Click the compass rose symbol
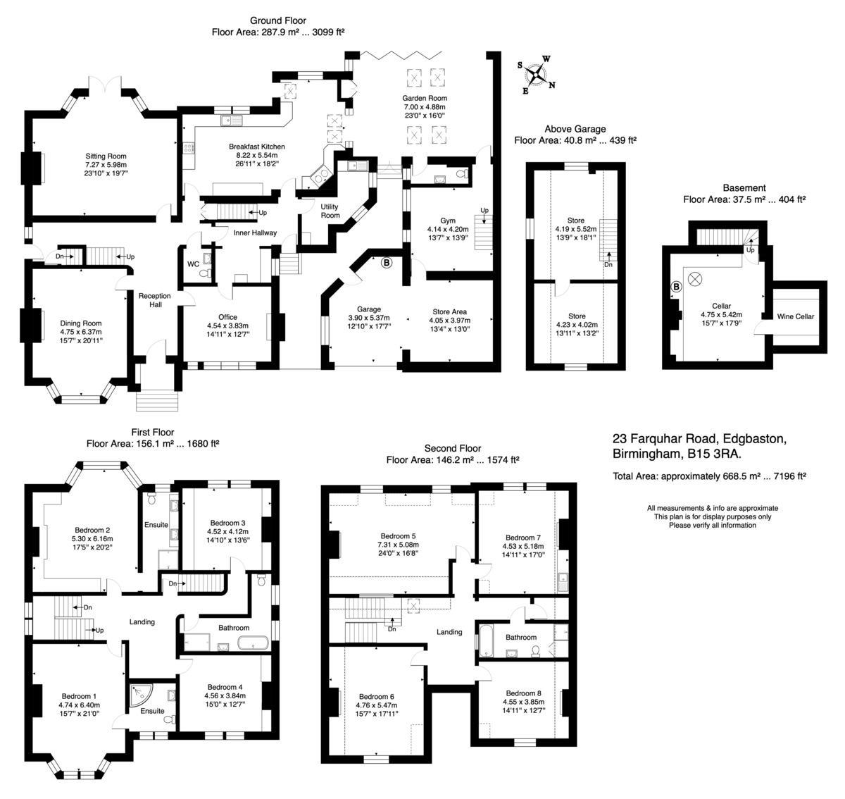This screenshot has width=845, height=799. click(537, 75)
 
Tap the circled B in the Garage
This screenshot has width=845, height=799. click(387, 263)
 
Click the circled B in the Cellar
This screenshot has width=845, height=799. click(676, 287)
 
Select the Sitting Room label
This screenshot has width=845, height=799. click(106, 156)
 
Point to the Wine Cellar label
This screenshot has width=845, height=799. click(795, 316)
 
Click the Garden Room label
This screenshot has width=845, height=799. click(424, 99)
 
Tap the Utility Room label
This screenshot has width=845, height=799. click(330, 211)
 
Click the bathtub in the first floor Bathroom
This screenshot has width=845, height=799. click(253, 643)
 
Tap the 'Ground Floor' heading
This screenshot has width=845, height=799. click(278, 20)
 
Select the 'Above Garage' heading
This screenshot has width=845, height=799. click(575, 129)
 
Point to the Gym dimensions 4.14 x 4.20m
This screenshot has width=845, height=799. click(448, 229)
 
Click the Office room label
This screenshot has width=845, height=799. click(227, 317)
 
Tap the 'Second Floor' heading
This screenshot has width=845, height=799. click(452, 449)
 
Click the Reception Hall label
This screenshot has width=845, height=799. click(155, 300)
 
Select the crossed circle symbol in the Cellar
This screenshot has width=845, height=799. click(694, 280)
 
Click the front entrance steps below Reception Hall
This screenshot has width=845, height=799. click(157, 401)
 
